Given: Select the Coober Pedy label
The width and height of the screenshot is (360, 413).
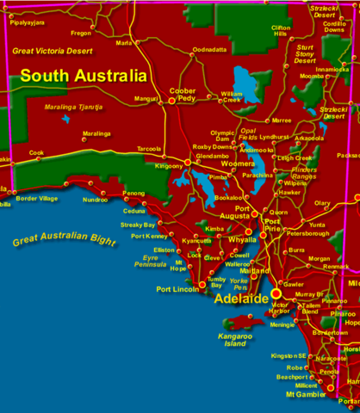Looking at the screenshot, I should (x=183, y=95).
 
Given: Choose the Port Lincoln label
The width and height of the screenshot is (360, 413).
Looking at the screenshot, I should (x=177, y=289).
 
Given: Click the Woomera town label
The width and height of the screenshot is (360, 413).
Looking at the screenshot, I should (x=239, y=163).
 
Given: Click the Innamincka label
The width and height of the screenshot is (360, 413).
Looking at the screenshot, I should (x=332, y=69).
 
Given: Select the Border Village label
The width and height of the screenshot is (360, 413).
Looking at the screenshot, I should (x=37, y=199).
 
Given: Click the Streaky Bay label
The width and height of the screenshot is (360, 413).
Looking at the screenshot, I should (x=137, y=224).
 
